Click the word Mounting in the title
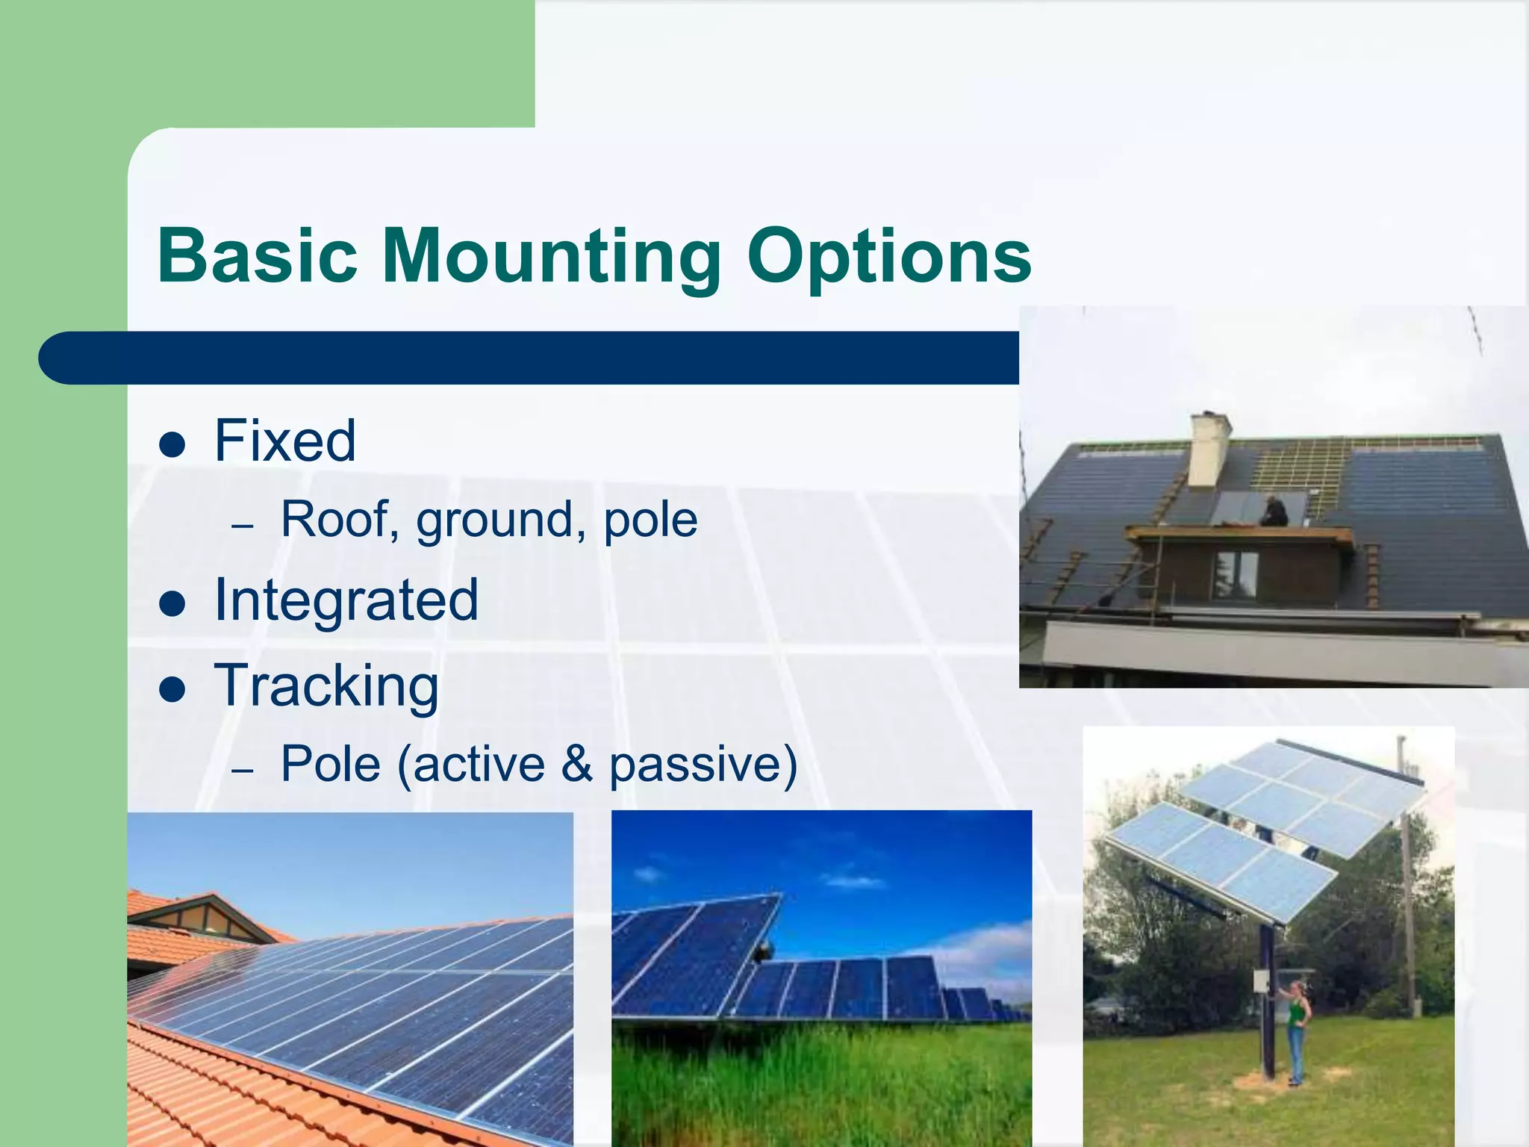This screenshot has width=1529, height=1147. pyautogui.click(x=551, y=258)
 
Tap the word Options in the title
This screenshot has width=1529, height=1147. pyautogui.click(x=888, y=258)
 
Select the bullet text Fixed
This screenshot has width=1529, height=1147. pyautogui.click(x=284, y=441)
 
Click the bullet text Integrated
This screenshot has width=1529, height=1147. pyautogui.click(x=346, y=600)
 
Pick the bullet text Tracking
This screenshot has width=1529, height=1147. pyautogui.click(x=326, y=686)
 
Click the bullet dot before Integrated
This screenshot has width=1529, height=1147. pyautogui.click(x=172, y=604)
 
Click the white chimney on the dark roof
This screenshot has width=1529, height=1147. pyautogui.click(x=1209, y=449)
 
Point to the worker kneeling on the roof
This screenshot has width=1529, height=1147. pyautogui.click(x=1274, y=512)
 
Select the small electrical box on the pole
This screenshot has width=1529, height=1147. pyautogui.click(x=1261, y=980)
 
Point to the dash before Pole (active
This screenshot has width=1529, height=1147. pyautogui.click(x=243, y=768)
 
